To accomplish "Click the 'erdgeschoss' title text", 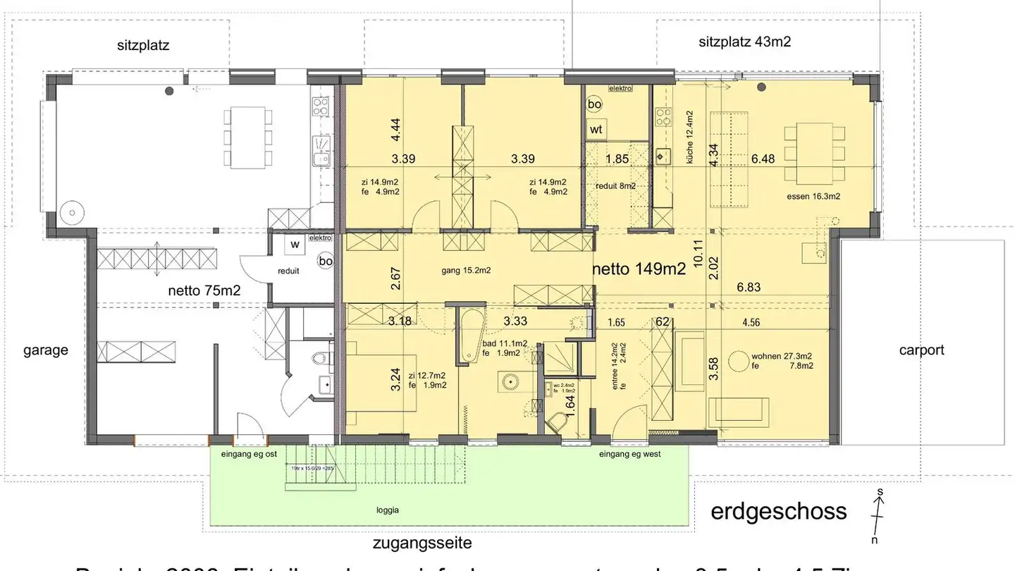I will click(x=778, y=510).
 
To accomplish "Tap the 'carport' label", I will click(x=921, y=350).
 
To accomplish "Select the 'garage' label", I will click(x=46, y=350).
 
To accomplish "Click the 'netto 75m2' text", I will click(x=204, y=290).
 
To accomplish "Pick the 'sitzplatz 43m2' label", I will click(x=744, y=42).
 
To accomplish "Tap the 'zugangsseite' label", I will click(x=422, y=544).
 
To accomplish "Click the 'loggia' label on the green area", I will click(x=388, y=510).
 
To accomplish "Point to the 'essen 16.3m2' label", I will click(x=813, y=197).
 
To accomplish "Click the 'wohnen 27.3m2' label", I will click(x=781, y=356).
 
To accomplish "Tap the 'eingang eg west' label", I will click(x=629, y=455).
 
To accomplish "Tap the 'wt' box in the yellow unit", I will click(x=596, y=130).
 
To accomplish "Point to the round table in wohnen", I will click(x=739, y=362).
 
